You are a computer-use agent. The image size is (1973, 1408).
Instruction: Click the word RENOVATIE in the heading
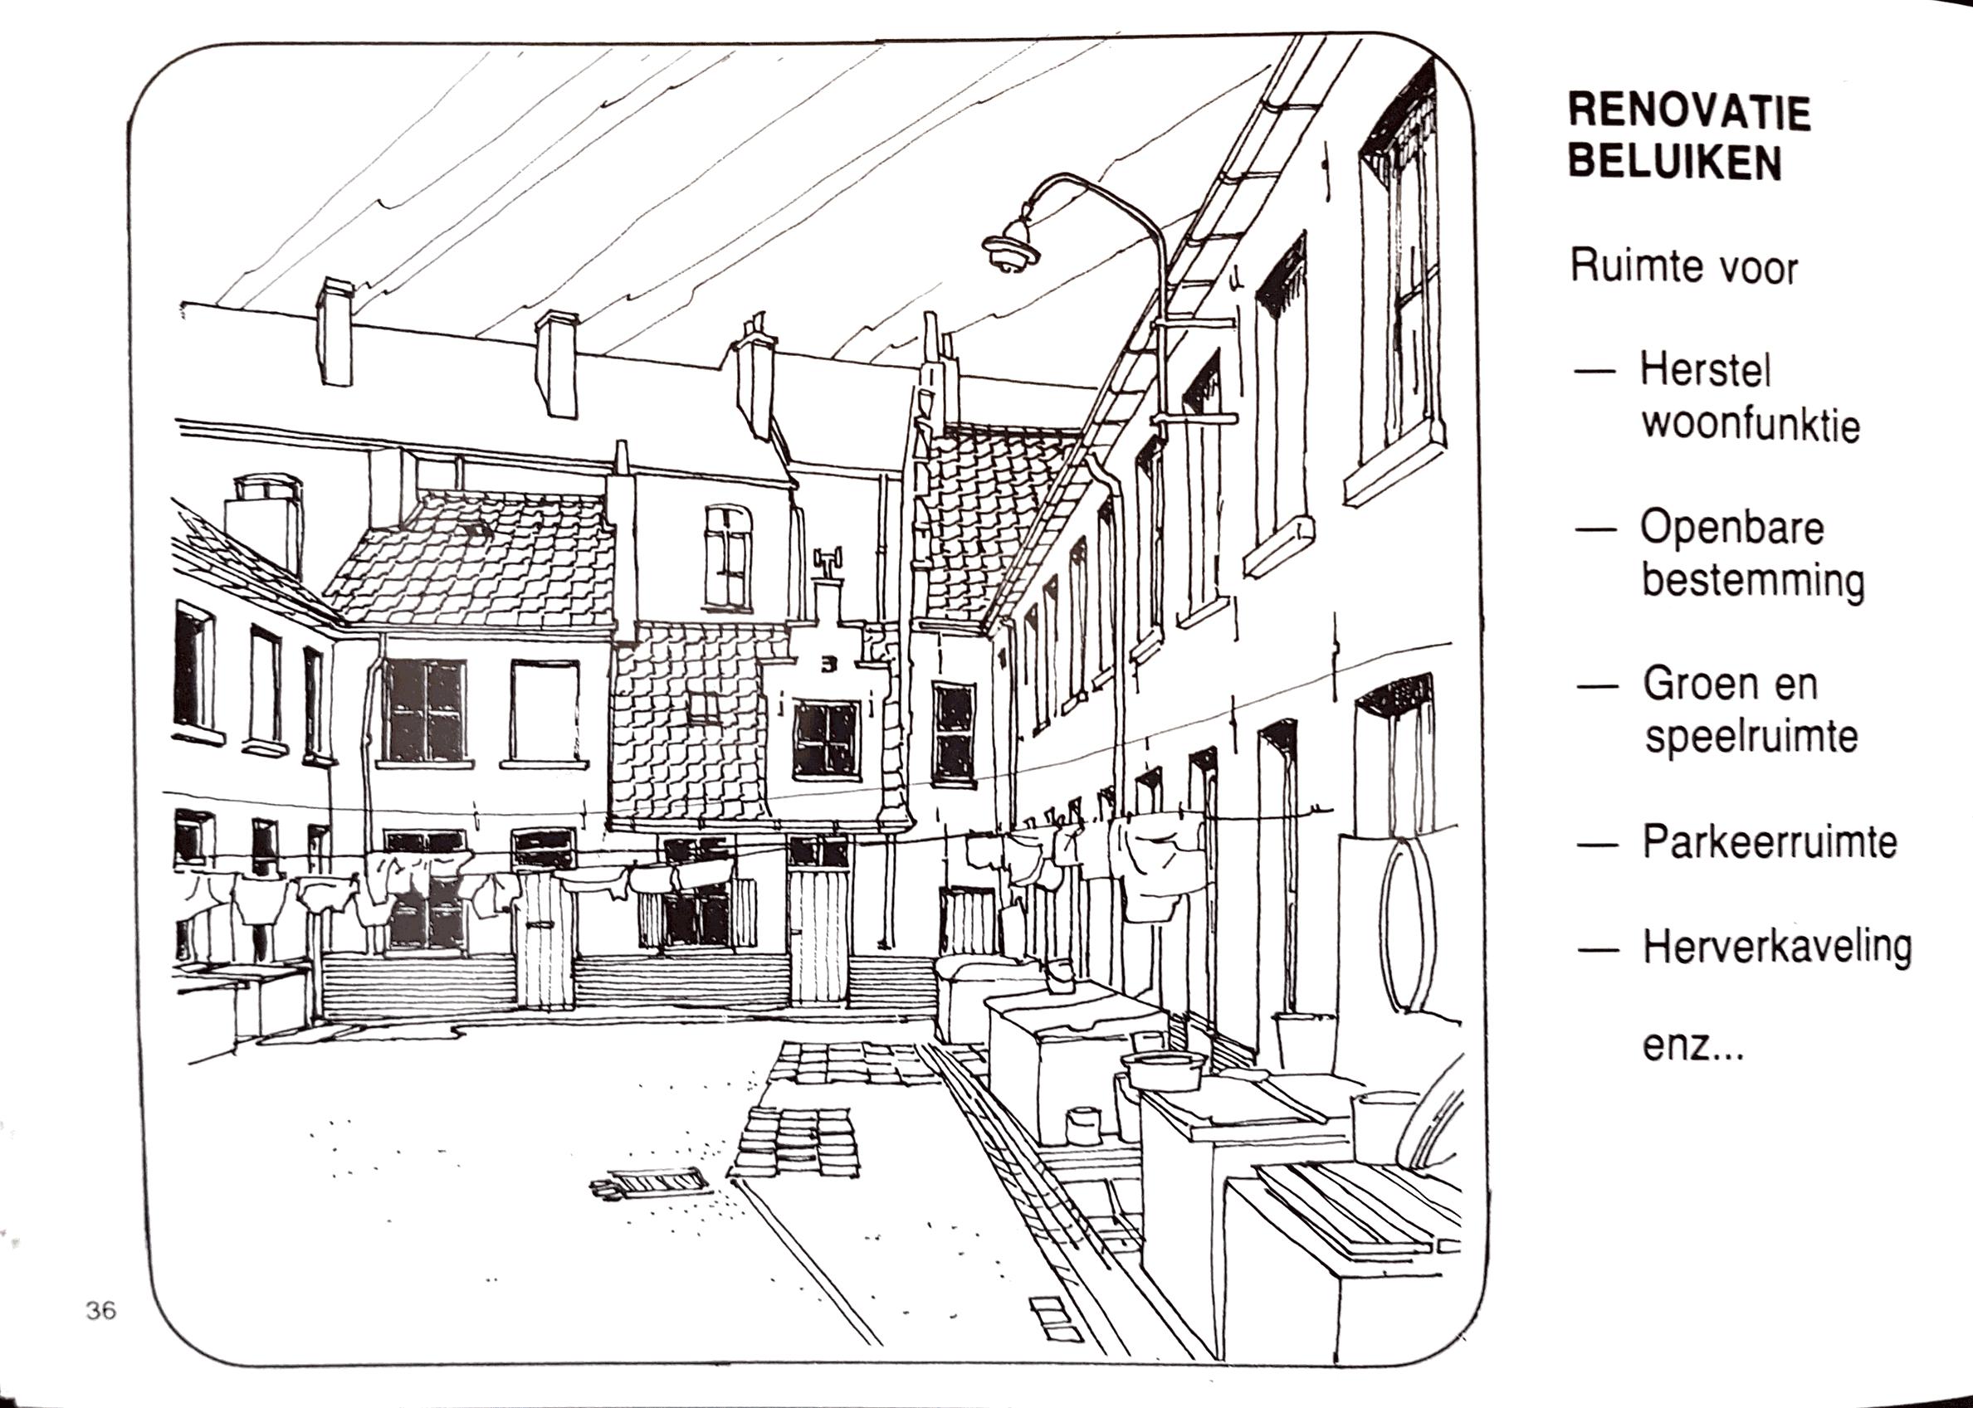point(1689,113)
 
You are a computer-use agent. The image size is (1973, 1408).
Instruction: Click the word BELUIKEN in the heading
point(1675,162)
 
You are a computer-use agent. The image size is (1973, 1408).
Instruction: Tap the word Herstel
point(1705,370)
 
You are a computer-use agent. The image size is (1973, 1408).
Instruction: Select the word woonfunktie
point(1750,425)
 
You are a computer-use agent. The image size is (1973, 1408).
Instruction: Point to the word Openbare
point(1731,527)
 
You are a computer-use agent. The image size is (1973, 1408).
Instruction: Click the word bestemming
point(1753,581)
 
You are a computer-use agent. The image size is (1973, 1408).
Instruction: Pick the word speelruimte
point(1751,737)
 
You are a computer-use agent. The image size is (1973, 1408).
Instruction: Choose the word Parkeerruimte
point(1769,842)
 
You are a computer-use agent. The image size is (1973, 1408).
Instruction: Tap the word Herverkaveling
point(1777,946)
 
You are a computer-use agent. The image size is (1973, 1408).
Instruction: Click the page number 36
point(100,1311)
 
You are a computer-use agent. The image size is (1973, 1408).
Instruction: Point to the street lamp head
point(1011,247)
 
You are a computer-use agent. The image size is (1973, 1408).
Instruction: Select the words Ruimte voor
point(1684,266)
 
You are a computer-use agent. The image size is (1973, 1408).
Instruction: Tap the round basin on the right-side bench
point(1164,1072)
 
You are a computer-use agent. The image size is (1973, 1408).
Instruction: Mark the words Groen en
point(1729,684)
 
